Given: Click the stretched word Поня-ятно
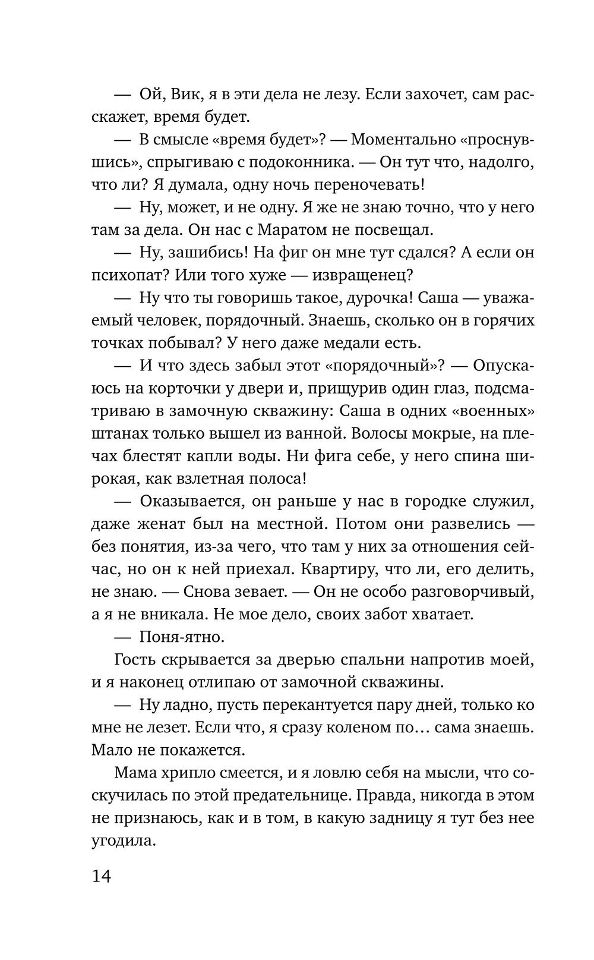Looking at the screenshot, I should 181,637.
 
